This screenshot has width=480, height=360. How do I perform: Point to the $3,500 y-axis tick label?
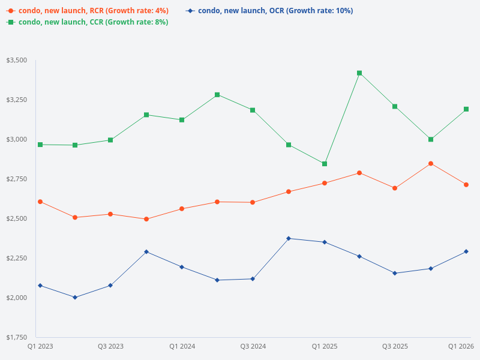click(x=16, y=61)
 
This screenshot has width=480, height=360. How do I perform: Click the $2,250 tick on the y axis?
click(x=16, y=258)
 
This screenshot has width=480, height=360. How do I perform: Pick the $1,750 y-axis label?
click(x=16, y=337)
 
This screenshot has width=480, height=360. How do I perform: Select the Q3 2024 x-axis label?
click(x=253, y=346)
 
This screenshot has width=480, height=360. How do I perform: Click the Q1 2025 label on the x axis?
click(x=325, y=346)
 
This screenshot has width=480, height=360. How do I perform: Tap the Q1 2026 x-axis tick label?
click(x=461, y=346)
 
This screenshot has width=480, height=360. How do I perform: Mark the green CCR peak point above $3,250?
click(x=359, y=73)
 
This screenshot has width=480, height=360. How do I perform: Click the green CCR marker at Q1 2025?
click(x=325, y=164)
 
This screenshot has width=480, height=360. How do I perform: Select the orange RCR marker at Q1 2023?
click(x=40, y=202)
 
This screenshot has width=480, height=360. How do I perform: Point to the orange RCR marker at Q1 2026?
click(x=466, y=185)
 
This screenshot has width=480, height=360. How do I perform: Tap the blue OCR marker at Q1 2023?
click(x=40, y=286)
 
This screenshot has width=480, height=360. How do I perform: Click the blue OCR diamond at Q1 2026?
click(x=466, y=251)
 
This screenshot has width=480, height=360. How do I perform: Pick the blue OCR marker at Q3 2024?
click(x=253, y=279)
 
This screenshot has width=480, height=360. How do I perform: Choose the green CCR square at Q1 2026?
click(x=466, y=109)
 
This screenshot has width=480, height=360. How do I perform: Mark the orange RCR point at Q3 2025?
click(x=395, y=188)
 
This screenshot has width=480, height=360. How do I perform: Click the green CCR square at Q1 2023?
click(x=40, y=145)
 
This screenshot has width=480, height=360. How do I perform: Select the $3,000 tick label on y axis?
click(x=16, y=140)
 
